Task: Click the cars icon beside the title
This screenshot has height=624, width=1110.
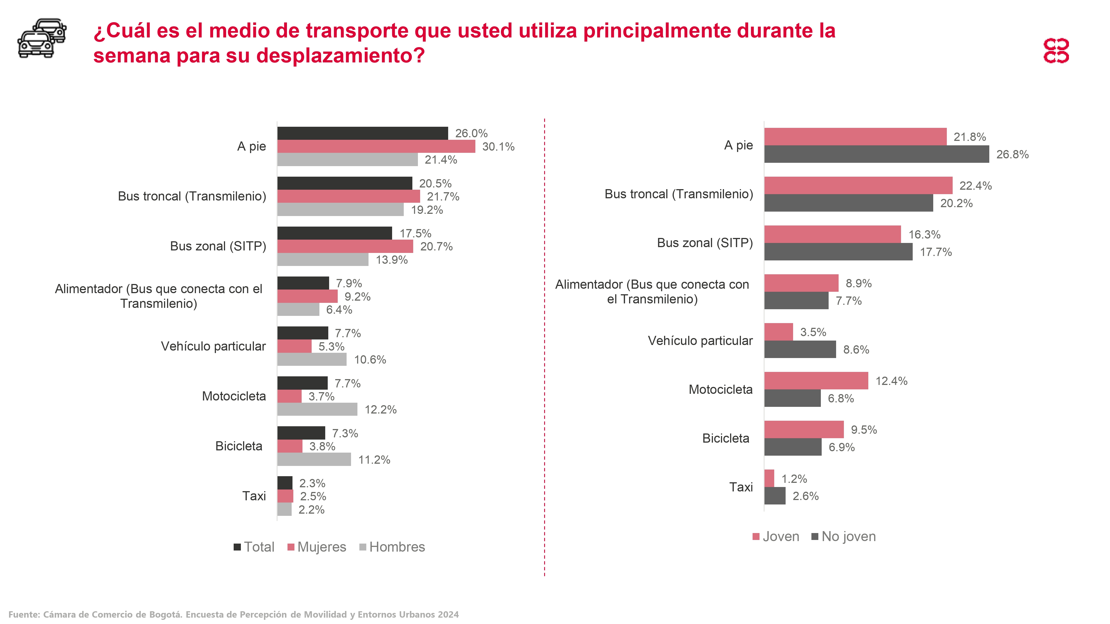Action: (x=42, y=38)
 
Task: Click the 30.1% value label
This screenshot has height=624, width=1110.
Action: (x=498, y=147)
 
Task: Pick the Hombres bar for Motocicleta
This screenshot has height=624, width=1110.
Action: (x=317, y=409)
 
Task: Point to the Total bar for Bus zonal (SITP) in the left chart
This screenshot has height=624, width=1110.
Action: (x=334, y=233)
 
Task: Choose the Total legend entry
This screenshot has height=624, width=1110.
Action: (x=254, y=547)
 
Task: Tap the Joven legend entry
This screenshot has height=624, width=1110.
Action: (x=776, y=537)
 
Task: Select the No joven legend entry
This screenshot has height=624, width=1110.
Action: (x=843, y=537)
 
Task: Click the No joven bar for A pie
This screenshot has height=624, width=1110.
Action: (x=876, y=154)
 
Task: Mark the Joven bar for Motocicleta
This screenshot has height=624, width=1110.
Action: (x=816, y=381)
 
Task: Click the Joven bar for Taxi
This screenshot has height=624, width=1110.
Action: (x=769, y=478)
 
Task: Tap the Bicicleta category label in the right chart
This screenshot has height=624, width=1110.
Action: (x=726, y=438)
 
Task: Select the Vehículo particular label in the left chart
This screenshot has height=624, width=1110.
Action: (x=213, y=346)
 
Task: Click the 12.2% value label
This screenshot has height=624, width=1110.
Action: (x=380, y=410)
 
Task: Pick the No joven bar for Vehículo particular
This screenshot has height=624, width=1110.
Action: (x=800, y=349)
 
